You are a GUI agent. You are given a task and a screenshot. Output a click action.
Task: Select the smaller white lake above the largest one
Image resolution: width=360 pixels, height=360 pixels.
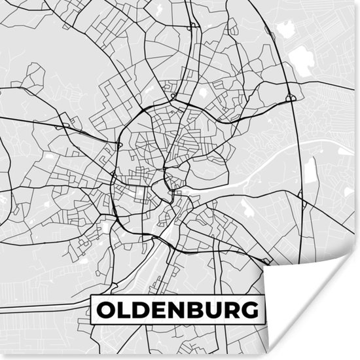click(285, 28)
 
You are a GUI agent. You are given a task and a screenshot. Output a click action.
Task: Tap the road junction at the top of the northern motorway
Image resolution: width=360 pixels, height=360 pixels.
click(192, 27)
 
